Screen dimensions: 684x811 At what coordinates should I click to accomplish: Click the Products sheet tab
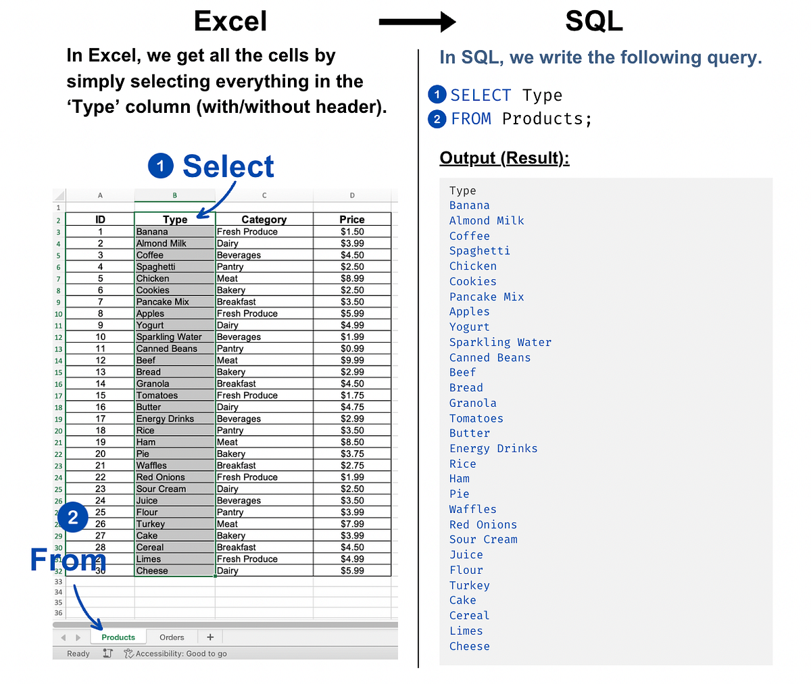pyautogui.click(x=118, y=637)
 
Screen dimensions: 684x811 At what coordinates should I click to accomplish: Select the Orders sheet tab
pyautogui.click(x=172, y=637)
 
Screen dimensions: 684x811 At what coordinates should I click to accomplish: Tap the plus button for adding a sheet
pyautogui.click(x=210, y=637)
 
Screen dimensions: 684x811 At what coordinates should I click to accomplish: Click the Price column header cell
pyautogui.click(x=352, y=220)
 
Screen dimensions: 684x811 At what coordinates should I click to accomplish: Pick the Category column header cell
pyautogui.click(x=264, y=220)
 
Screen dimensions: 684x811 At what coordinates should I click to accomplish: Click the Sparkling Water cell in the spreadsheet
pyautogui.click(x=170, y=337)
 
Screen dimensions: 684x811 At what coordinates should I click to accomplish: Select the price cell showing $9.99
pyautogui.click(x=352, y=360)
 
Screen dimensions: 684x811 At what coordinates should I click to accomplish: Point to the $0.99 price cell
pyautogui.click(x=352, y=349)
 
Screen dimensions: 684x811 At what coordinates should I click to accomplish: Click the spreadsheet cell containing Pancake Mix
pyautogui.click(x=163, y=302)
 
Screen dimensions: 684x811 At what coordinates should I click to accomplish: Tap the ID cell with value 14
pyautogui.click(x=100, y=384)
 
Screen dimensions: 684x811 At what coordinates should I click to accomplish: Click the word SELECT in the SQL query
pyautogui.click(x=481, y=95)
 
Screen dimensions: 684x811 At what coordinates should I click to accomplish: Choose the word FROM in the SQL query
pyautogui.click(x=471, y=119)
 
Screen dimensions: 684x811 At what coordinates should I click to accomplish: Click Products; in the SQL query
pyautogui.click(x=547, y=119)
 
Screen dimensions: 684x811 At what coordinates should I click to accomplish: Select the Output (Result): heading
pyautogui.click(x=504, y=158)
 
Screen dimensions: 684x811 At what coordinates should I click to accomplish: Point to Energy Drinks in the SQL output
pyautogui.click(x=493, y=449)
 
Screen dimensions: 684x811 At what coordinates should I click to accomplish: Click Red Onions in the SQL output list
pyautogui.click(x=483, y=524)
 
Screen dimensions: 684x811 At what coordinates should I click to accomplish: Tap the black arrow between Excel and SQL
pyautogui.click(x=417, y=22)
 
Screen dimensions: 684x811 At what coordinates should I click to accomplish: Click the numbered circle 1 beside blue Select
pyautogui.click(x=161, y=166)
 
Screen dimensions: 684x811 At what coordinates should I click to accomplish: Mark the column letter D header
pyautogui.click(x=352, y=195)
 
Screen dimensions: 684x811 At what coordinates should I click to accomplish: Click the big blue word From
pyautogui.click(x=68, y=560)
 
